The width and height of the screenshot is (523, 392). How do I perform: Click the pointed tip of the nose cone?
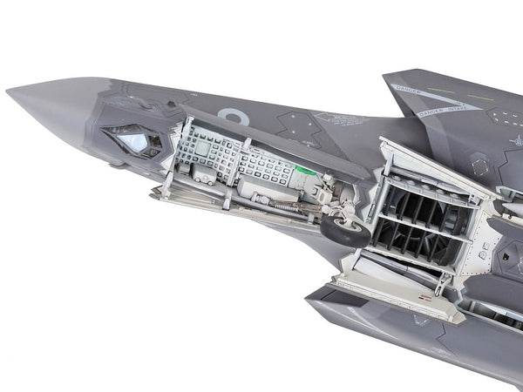pyautogui.click(x=9, y=90)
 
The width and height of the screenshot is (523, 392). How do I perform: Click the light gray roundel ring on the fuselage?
pyautogui.click(x=228, y=113)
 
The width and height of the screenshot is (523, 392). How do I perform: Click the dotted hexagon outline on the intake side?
pyautogui.click(x=479, y=163)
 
